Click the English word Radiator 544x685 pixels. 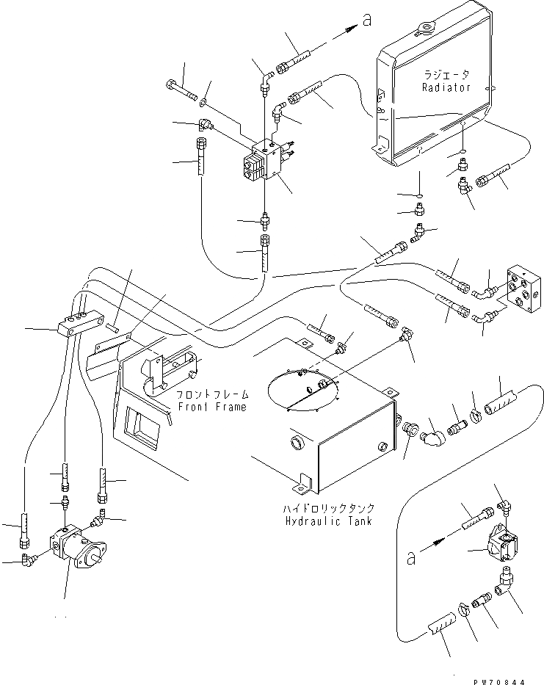coord(446,87)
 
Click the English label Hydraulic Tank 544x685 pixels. coord(329,521)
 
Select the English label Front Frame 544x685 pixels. coord(212,407)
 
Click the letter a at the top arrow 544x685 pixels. coord(367,20)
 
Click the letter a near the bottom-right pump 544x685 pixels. coord(410,558)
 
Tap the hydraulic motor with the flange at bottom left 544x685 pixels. coord(79,546)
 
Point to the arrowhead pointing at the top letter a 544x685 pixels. coord(350,29)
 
